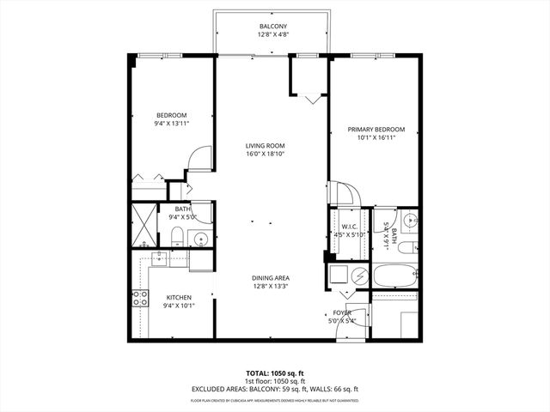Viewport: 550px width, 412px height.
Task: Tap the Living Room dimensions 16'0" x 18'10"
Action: [x=266, y=155]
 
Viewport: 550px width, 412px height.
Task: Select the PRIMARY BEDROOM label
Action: [x=376, y=130]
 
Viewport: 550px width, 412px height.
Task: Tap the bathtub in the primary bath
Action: [x=394, y=278]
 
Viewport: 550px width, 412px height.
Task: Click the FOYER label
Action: [x=341, y=313]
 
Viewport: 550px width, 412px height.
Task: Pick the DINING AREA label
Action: [x=270, y=277]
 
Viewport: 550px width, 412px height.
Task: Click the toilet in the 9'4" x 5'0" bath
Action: [x=176, y=236]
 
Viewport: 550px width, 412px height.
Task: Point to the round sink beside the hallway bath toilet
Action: [x=201, y=238]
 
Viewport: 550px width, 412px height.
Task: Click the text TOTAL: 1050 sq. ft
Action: [x=274, y=374]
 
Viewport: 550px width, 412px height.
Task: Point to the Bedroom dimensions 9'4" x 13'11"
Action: [x=171, y=124]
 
